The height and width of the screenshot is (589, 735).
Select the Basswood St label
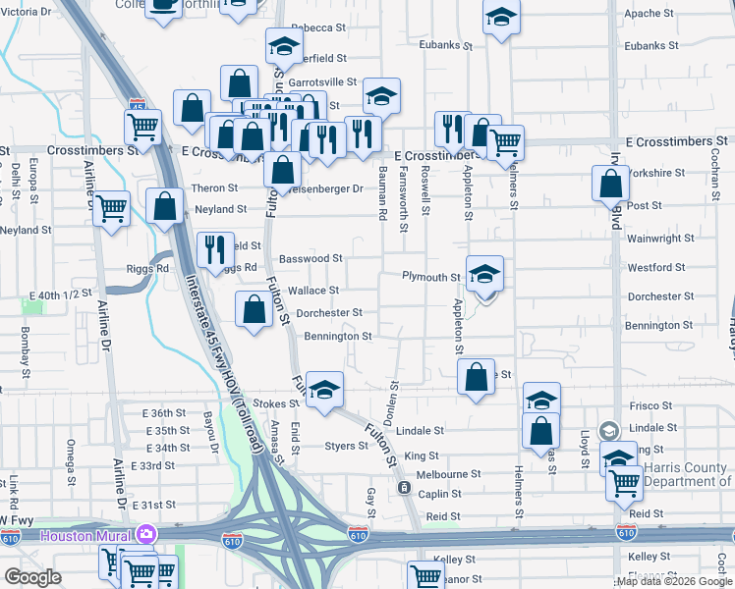tap(311, 259)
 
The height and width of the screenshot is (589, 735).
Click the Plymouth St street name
tap(431, 278)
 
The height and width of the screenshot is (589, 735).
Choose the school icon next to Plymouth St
tap(484, 275)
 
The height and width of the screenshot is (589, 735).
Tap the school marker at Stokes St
tap(324, 390)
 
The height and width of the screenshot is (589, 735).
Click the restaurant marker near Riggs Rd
tap(214, 249)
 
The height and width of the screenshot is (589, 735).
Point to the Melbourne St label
tap(448, 473)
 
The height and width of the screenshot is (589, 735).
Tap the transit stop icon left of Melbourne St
tap(403, 487)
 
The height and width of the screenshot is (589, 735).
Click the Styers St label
tap(345, 447)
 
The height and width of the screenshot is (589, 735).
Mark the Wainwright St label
tap(660, 239)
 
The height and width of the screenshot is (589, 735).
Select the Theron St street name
tap(214, 188)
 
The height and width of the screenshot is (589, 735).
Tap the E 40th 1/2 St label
tap(61, 294)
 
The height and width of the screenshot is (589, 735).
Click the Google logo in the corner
tap(32, 577)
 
